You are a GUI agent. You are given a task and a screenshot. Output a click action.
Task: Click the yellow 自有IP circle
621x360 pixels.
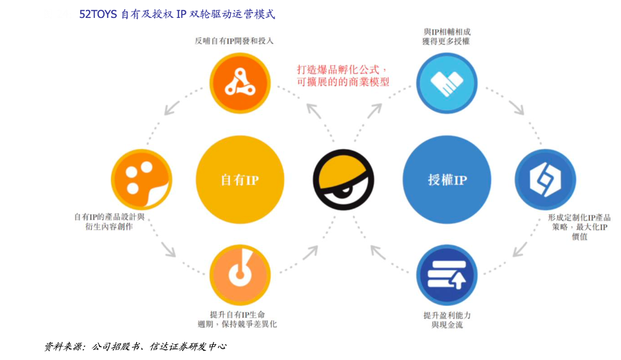(x=240, y=180)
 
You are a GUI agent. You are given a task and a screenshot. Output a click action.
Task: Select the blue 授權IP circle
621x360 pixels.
(x=447, y=180)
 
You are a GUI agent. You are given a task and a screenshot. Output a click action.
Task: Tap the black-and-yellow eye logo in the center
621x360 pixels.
(x=343, y=180)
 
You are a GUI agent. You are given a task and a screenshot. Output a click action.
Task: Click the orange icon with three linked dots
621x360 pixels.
(x=238, y=84)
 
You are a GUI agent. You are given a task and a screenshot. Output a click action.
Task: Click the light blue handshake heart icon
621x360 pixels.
(x=447, y=84)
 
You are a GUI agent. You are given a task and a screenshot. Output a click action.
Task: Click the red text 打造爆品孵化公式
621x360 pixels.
(x=343, y=70)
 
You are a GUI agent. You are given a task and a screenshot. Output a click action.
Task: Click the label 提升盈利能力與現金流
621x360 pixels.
(x=447, y=321)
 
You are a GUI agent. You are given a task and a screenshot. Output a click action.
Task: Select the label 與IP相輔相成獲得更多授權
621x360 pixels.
(x=447, y=37)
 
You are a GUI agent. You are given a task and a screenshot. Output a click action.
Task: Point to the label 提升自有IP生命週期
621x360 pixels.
(x=238, y=319)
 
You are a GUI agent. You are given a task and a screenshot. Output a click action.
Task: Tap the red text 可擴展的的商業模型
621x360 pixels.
(x=343, y=82)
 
